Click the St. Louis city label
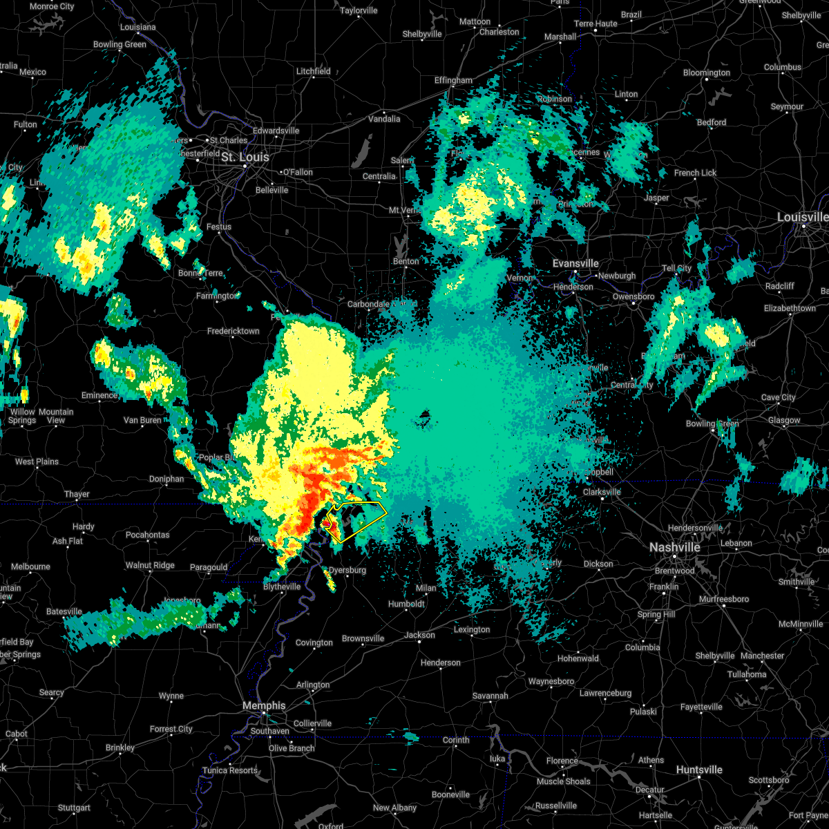coord(245,158)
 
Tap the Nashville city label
coord(674,547)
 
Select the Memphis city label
coord(264,705)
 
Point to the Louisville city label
coord(802,217)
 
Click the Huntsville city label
coord(699,770)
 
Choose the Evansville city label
coord(575,263)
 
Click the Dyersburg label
coord(347,570)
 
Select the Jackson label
coord(419,635)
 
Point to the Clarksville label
coord(602,492)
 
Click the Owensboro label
coord(633,296)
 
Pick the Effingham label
coord(453,80)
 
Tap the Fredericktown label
coord(234,331)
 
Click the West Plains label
coord(37,461)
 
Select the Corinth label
coord(456,740)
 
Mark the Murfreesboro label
coord(724,599)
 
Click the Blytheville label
coord(282,587)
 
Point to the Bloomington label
coord(707,73)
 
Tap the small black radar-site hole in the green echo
coord(424,416)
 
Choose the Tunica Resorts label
coord(230,770)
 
